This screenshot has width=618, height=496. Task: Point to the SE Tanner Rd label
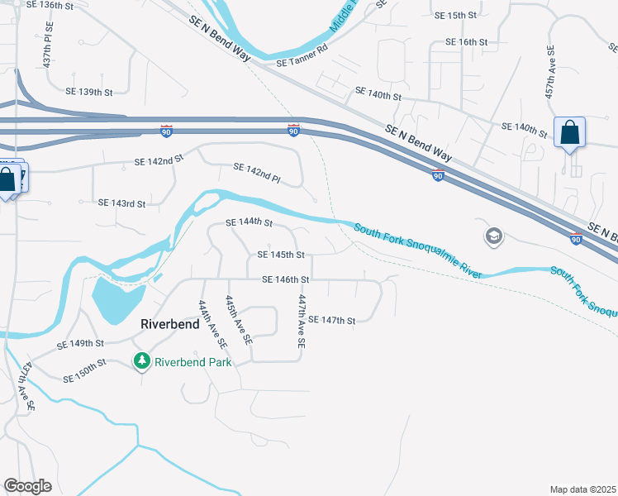coord(302,62)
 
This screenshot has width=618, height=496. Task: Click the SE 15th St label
coord(456,16)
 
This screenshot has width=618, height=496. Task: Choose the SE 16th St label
coord(468,42)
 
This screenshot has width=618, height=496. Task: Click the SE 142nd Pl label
coord(257,172)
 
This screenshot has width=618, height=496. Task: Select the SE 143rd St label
coord(121,203)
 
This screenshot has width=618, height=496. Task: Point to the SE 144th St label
coord(249,222)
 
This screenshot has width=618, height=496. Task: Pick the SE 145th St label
coord(281,255)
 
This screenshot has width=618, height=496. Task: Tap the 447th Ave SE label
coord(302,321)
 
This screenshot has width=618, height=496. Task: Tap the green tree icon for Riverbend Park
coord(142,361)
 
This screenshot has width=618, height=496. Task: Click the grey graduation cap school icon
coord(493,237)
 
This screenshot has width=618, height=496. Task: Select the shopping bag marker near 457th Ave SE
coord(570,132)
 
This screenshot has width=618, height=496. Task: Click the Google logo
coord(27,486)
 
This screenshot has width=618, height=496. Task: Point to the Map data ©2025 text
coord(582,489)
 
